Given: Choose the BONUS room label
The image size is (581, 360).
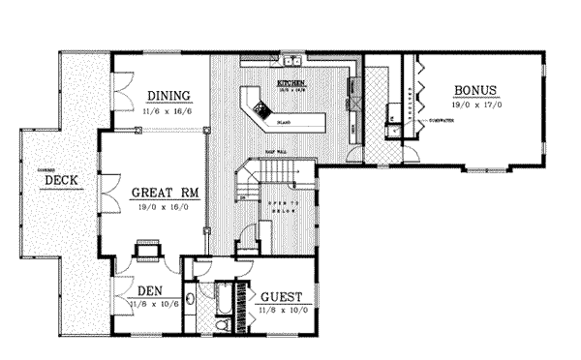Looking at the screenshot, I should (x=475, y=91).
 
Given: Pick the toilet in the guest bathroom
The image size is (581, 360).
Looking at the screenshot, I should (x=223, y=330).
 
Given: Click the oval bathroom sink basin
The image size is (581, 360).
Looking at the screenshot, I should (x=192, y=299).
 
